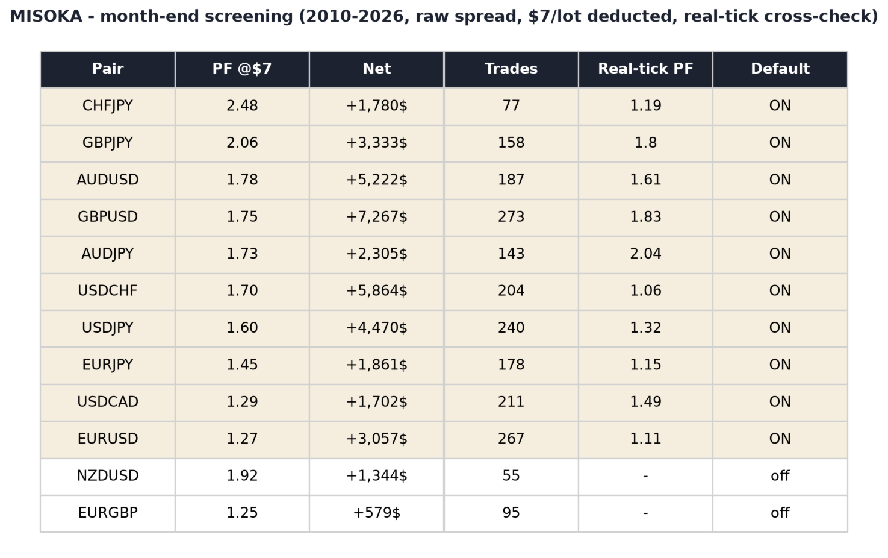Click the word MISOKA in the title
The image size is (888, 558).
click(x=46, y=17)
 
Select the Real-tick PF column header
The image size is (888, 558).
click(x=645, y=69)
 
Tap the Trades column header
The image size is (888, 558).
click(x=511, y=69)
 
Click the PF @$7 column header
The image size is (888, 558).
click(x=242, y=69)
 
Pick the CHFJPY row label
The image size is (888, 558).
click(x=107, y=106)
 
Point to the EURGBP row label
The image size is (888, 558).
click(x=107, y=513)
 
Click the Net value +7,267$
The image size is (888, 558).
click(x=377, y=217)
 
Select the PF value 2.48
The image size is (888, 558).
click(x=242, y=106)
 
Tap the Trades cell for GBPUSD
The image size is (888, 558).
click(x=511, y=217)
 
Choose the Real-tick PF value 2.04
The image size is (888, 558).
click(x=645, y=254)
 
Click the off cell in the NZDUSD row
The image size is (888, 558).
click(x=780, y=475)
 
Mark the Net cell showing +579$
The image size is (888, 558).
click(x=377, y=513)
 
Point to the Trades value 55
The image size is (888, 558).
click(x=511, y=475)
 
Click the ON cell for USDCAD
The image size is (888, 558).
click(x=780, y=402)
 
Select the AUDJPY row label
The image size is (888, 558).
click(x=107, y=254)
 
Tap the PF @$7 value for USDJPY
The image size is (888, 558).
click(x=242, y=328)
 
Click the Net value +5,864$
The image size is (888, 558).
click(x=377, y=291)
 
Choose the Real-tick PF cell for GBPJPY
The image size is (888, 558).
click(x=645, y=143)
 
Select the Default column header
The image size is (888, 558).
click(x=780, y=69)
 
